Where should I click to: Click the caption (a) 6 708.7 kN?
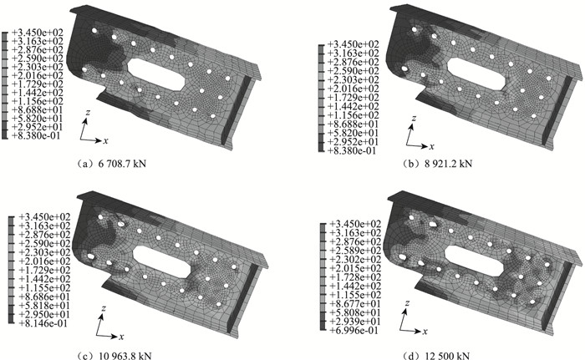(110, 164)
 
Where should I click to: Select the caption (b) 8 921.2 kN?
(437, 164)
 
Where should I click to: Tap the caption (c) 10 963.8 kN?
(114, 356)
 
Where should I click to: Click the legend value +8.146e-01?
(43, 323)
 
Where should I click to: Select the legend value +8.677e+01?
(355, 304)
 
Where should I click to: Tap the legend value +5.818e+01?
(44, 306)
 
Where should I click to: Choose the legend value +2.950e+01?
(44, 315)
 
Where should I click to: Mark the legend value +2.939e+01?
(355, 322)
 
